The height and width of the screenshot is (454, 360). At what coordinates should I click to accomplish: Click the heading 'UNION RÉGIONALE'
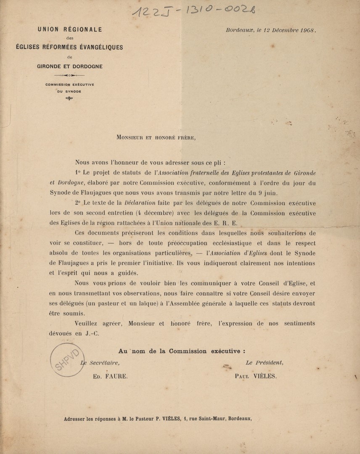click(x=69, y=29)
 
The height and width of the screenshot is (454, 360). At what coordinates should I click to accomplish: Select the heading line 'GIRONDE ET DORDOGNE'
click(x=69, y=66)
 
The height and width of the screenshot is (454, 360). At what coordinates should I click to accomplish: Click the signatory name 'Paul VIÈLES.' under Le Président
click(x=256, y=376)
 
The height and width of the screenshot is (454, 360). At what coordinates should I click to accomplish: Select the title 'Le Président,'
click(x=265, y=362)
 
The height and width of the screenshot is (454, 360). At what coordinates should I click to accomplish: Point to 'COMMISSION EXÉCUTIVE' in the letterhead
click(x=70, y=84)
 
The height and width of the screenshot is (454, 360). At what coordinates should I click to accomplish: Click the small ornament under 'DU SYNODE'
click(x=69, y=99)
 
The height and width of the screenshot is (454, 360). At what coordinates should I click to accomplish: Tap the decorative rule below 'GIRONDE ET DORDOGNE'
click(x=69, y=75)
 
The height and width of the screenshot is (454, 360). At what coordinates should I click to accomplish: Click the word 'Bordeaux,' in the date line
click(x=239, y=30)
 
